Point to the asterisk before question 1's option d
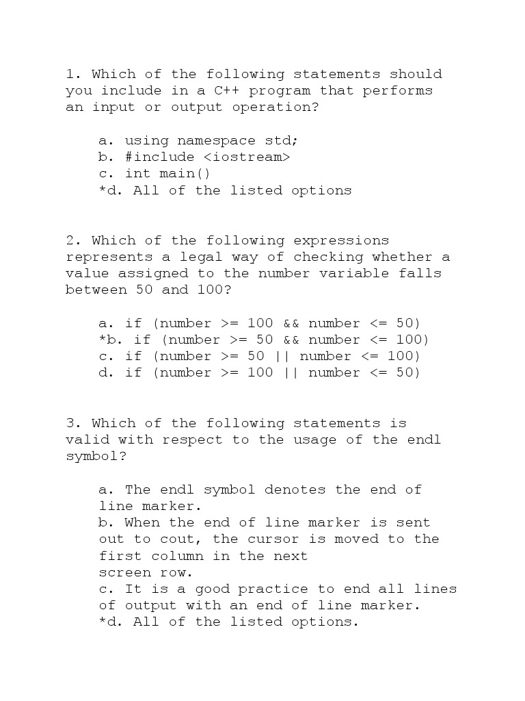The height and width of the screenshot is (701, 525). point(103,190)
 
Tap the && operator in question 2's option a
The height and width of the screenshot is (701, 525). point(291,323)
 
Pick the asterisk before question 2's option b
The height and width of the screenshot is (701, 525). point(103,340)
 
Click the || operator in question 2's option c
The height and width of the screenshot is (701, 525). point(282,356)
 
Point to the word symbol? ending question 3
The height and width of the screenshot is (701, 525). point(96,456)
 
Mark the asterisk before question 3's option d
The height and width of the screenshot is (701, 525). point(103,622)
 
